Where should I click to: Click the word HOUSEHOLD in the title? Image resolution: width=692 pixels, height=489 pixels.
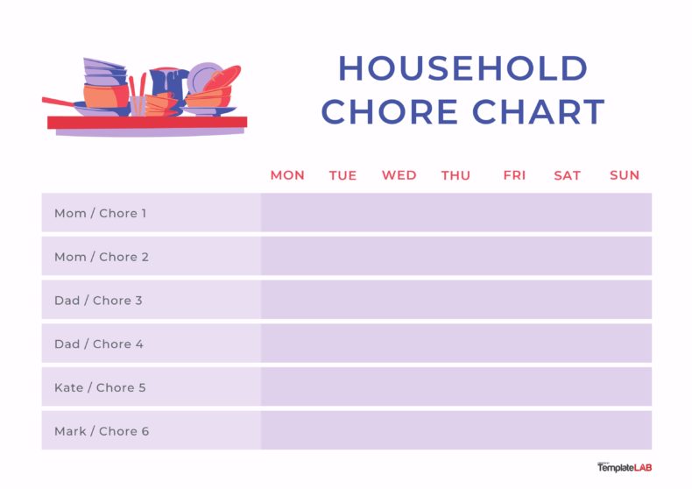tap(463, 69)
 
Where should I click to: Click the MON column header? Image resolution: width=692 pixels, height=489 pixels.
tap(287, 175)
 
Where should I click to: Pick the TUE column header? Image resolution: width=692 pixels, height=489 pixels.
tap(342, 175)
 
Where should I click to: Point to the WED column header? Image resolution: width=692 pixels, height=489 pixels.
tap(399, 175)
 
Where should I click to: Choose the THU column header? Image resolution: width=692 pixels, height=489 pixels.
tap(455, 175)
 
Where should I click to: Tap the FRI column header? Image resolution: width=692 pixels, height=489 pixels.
tap(514, 175)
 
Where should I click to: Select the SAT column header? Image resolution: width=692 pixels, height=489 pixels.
tap(567, 175)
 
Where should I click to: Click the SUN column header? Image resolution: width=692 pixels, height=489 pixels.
tap(625, 175)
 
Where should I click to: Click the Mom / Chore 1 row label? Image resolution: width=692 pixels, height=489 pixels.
tap(101, 213)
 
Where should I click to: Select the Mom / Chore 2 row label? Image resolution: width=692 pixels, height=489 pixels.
tap(101, 257)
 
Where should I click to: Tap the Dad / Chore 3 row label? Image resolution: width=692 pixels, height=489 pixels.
tap(98, 301)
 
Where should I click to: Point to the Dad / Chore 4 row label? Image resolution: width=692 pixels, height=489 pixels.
tap(98, 344)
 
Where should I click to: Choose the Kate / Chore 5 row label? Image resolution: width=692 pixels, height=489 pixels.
tap(100, 387)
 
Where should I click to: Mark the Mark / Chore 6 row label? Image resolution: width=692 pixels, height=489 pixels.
tap(102, 431)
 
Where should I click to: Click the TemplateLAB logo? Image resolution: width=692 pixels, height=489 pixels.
tap(625, 468)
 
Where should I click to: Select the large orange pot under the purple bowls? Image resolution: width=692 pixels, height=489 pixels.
tap(104, 96)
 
